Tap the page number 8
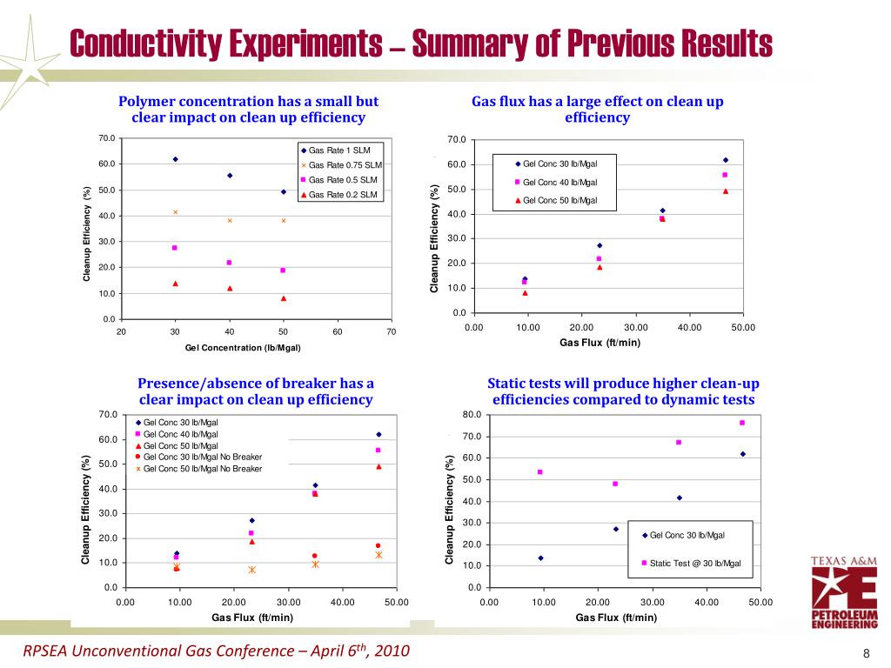pyautogui.click(x=867, y=654)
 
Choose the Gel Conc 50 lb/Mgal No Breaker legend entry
pyautogui.click(x=198, y=469)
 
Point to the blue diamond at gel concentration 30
pyautogui.click(x=175, y=159)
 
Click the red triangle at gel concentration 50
pyautogui.click(x=284, y=298)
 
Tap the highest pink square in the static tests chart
pyautogui.click(x=742, y=423)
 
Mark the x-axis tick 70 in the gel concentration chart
pyautogui.click(x=392, y=331)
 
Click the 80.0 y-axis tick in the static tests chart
pyautogui.click(x=470, y=415)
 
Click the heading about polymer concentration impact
pyautogui.click(x=248, y=110)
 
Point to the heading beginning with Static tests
pyautogui.click(x=623, y=391)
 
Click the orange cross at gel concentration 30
pyautogui.click(x=175, y=212)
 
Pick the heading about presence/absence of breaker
pyautogui.click(x=256, y=391)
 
